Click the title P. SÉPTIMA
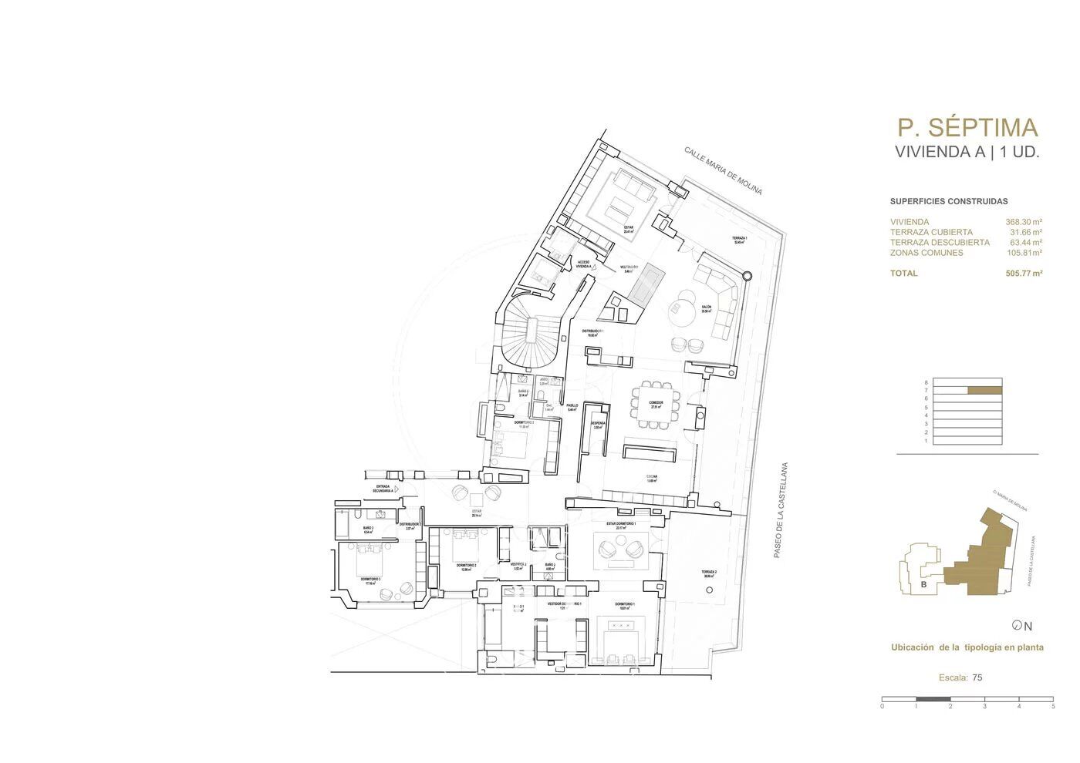pyautogui.click(x=967, y=127)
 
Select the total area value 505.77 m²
pyautogui.click(x=1024, y=273)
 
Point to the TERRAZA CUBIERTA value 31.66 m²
pyautogui.click(x=1026, y=232)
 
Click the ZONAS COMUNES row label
pyautogui.click(x=926, y=253)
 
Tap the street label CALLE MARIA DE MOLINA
pyautogui.click(x=723, y=170)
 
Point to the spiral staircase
pyautogui.click(x=529, y=331)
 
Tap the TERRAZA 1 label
pyautogui.click(x=739, y=240)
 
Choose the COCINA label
pyautogui.click(x=652, y=479)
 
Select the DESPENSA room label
pyautogui.click(x=596, y=424)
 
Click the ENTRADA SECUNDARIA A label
pyautogui.click(x=383, y=488)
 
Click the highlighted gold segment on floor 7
pyautogui.click(x=985, y=390)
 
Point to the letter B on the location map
pyautogui.click(x=923, y=585)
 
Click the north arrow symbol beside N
pyautogui.click(x=1017, y=626)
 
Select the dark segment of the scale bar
pyautogui.click(x=933, y=699)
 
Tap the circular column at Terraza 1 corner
pyautogui.click(x=747, y=275)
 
